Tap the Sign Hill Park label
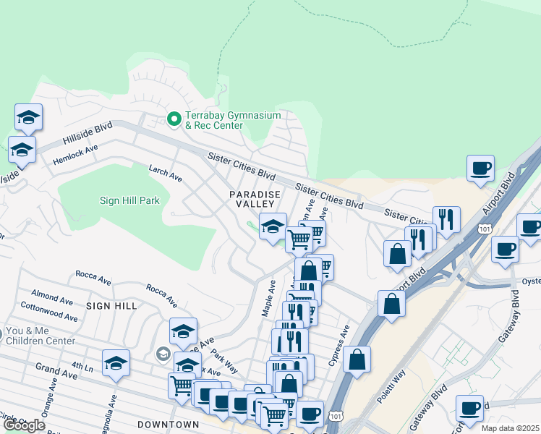(x=129, y=200)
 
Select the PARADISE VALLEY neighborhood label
(x=254, y=200)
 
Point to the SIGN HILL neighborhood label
(x=111, y=306)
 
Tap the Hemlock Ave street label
(x=75, y=155)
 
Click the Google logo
(x=24, y=425)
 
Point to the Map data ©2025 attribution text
(x=510, y=428)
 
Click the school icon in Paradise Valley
(x=273, y=226)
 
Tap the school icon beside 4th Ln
(x=115, y=364)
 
